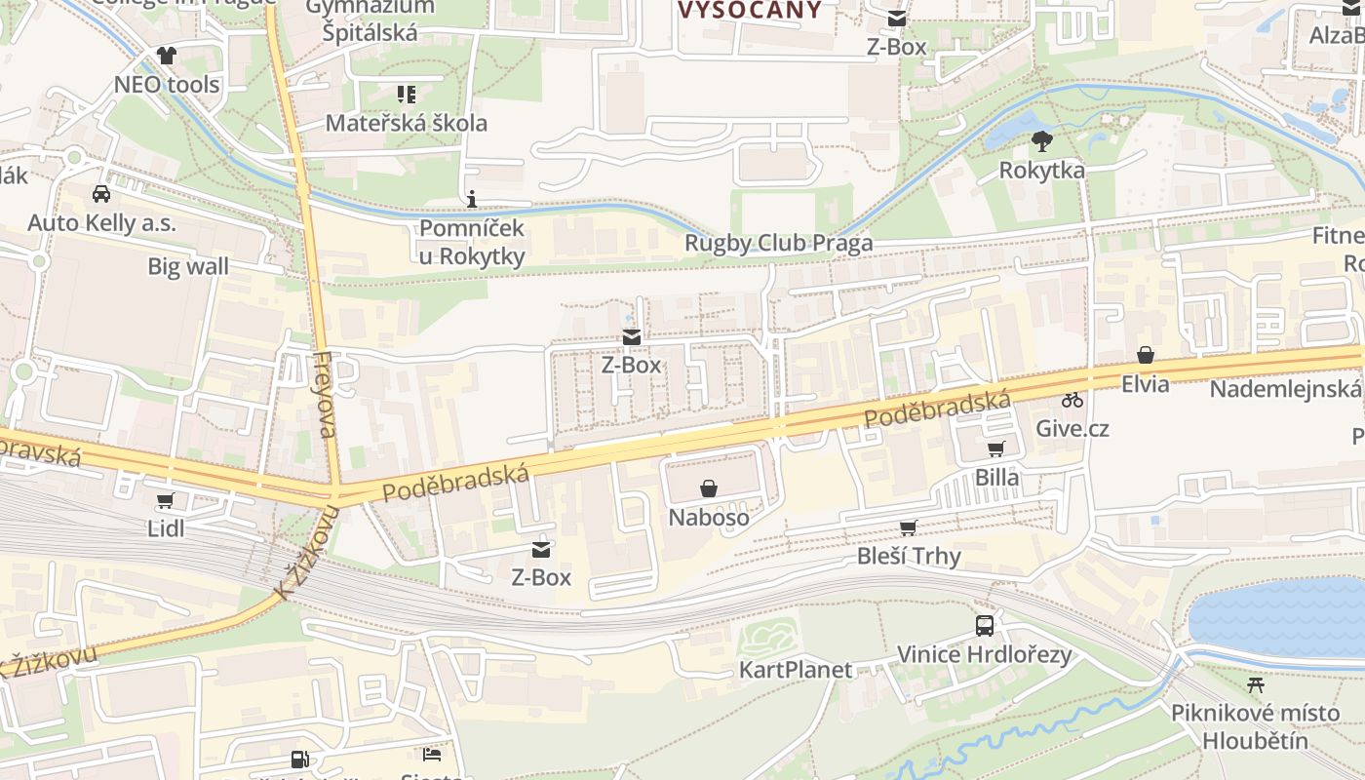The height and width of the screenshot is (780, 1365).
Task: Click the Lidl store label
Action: click(166, 528)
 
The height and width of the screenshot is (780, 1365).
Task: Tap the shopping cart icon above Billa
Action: click(995, 449)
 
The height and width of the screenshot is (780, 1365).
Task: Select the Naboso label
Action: click(709, 517)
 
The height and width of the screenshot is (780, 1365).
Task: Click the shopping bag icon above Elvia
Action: click(1146, 356)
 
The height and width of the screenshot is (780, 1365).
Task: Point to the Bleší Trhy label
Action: click(909, 556)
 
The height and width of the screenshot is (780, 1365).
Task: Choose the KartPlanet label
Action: click(796, 670)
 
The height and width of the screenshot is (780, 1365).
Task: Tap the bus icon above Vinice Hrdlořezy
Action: click(985, 626)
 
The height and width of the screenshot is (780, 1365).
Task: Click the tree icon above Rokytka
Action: click(1041, 142)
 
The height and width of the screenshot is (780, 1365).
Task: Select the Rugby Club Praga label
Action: click(778, 243)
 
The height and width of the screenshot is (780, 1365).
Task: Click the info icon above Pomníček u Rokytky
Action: click(473, 200)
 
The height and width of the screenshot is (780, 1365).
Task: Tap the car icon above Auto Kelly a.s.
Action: click(101, 194)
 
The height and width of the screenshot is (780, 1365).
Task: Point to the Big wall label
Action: click(188, 266)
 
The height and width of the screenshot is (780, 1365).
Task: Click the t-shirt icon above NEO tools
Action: click(167, 56)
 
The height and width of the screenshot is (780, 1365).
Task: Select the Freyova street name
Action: click(326, 395)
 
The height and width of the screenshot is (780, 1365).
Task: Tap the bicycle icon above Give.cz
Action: click(1072, 400)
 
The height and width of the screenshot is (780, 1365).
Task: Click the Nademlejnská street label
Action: click(1285, 389)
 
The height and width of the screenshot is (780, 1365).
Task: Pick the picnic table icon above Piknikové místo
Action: click(1256, 684)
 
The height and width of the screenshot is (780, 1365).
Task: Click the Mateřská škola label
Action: click(406, 123)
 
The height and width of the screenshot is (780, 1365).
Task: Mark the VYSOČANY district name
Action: click(749, 10)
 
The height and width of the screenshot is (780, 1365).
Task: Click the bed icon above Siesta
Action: click(432, 755)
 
